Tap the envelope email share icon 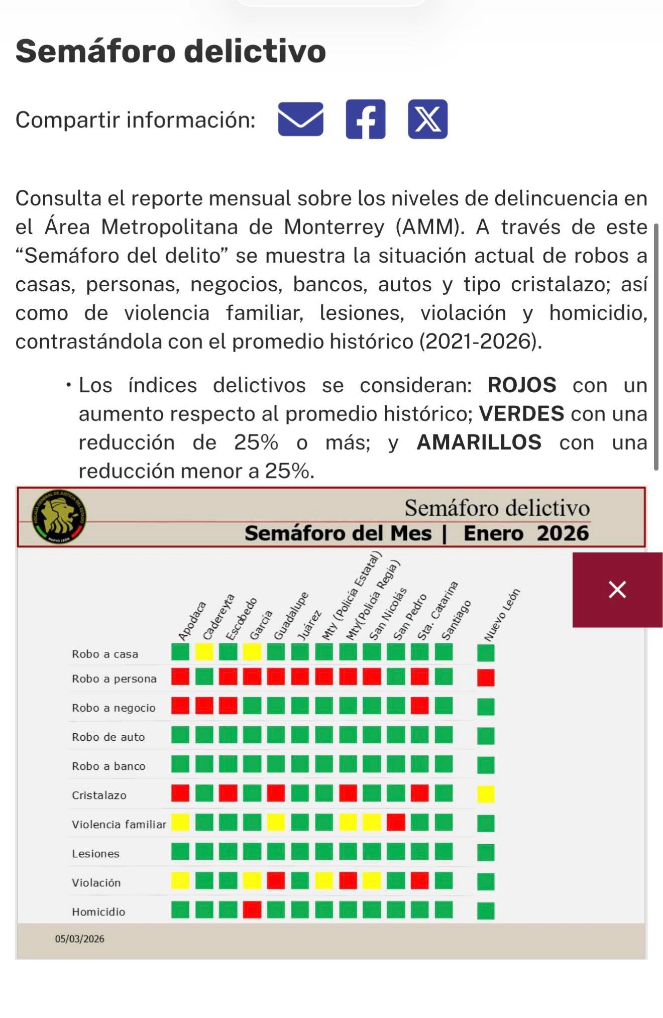[300, 120]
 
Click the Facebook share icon [365, 120]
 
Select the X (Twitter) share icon [427, 120]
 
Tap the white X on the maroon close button [617, 590]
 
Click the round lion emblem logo [59, 516]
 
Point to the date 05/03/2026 [80, 939]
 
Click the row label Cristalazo [99, 796]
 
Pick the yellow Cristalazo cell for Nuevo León [486, 795]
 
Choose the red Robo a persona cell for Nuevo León [486, 677]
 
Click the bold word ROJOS [522, 385]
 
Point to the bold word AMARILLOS [479, 442]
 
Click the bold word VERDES [521, 414]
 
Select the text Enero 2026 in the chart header [526, 533]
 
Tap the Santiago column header [456, 621]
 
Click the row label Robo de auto [108, 737]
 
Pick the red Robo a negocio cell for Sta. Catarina [420, 706]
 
